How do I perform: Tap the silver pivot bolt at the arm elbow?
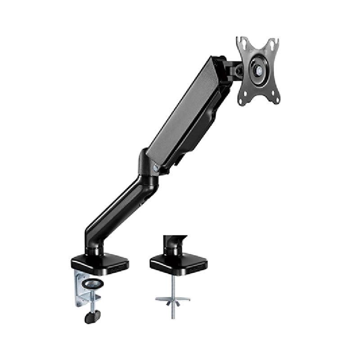click(x=156, y=167)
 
